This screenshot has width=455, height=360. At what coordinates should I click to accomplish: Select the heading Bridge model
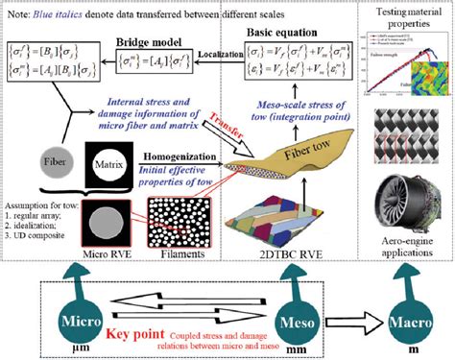coord(136,45)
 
